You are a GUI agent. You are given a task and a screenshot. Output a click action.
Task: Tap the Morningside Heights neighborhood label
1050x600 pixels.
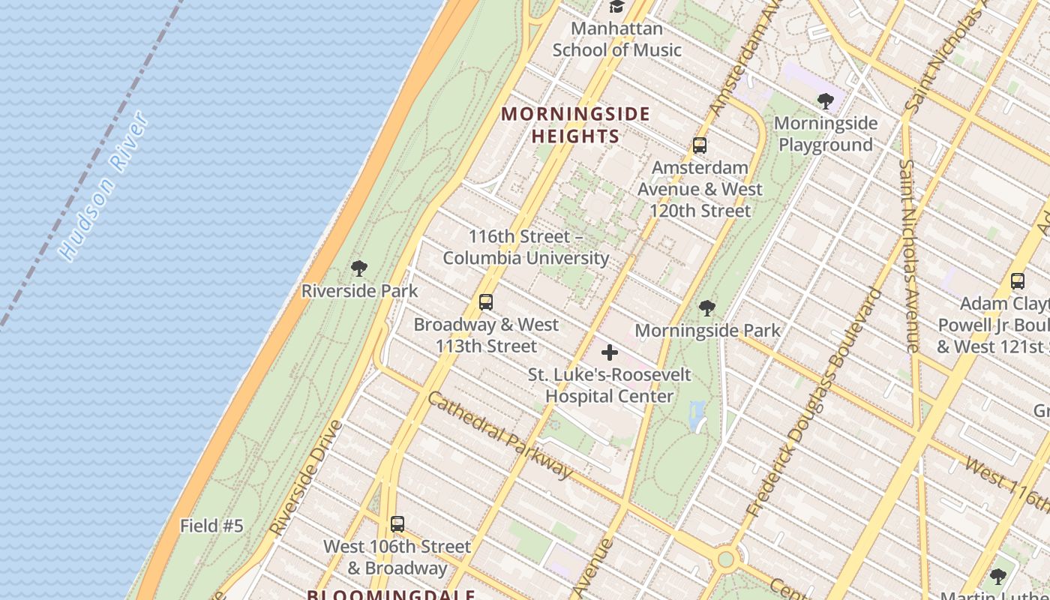[x=575, y=125]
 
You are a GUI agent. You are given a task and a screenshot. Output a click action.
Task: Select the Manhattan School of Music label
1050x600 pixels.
[x=616, y=40]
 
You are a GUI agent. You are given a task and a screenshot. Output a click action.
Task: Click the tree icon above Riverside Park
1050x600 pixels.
[x=359, y=268]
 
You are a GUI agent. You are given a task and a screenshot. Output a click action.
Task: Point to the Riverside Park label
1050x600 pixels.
[x=359, y=291]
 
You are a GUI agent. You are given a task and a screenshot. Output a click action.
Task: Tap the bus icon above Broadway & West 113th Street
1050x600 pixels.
[x=486, y=302]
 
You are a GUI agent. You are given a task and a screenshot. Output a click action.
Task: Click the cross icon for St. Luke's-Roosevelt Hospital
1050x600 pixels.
[x=610, y=352]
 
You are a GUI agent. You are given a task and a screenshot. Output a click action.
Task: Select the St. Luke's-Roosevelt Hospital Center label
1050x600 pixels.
[x=609, y=385]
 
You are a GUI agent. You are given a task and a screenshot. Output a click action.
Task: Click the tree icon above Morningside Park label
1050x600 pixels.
[x=706, y=308]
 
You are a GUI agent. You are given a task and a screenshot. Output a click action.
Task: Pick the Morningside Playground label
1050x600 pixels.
[x=826, y=133]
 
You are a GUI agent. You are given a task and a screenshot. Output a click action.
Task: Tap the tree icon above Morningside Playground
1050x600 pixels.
[x=826, y=100]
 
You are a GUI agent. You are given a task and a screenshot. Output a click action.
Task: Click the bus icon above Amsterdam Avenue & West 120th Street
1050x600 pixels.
[x=700, y=145]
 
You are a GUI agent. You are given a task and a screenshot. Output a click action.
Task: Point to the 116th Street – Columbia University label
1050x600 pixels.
[x=526, y=247]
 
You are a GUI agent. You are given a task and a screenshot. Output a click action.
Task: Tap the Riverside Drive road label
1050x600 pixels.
[x=306, y=478]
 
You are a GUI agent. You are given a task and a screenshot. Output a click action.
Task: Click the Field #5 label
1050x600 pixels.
[x=211, y=526]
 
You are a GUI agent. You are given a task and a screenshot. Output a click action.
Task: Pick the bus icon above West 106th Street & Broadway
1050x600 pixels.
[x=397, y=524]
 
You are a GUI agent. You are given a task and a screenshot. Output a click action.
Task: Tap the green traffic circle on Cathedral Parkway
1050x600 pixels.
[x=725, y=559]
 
